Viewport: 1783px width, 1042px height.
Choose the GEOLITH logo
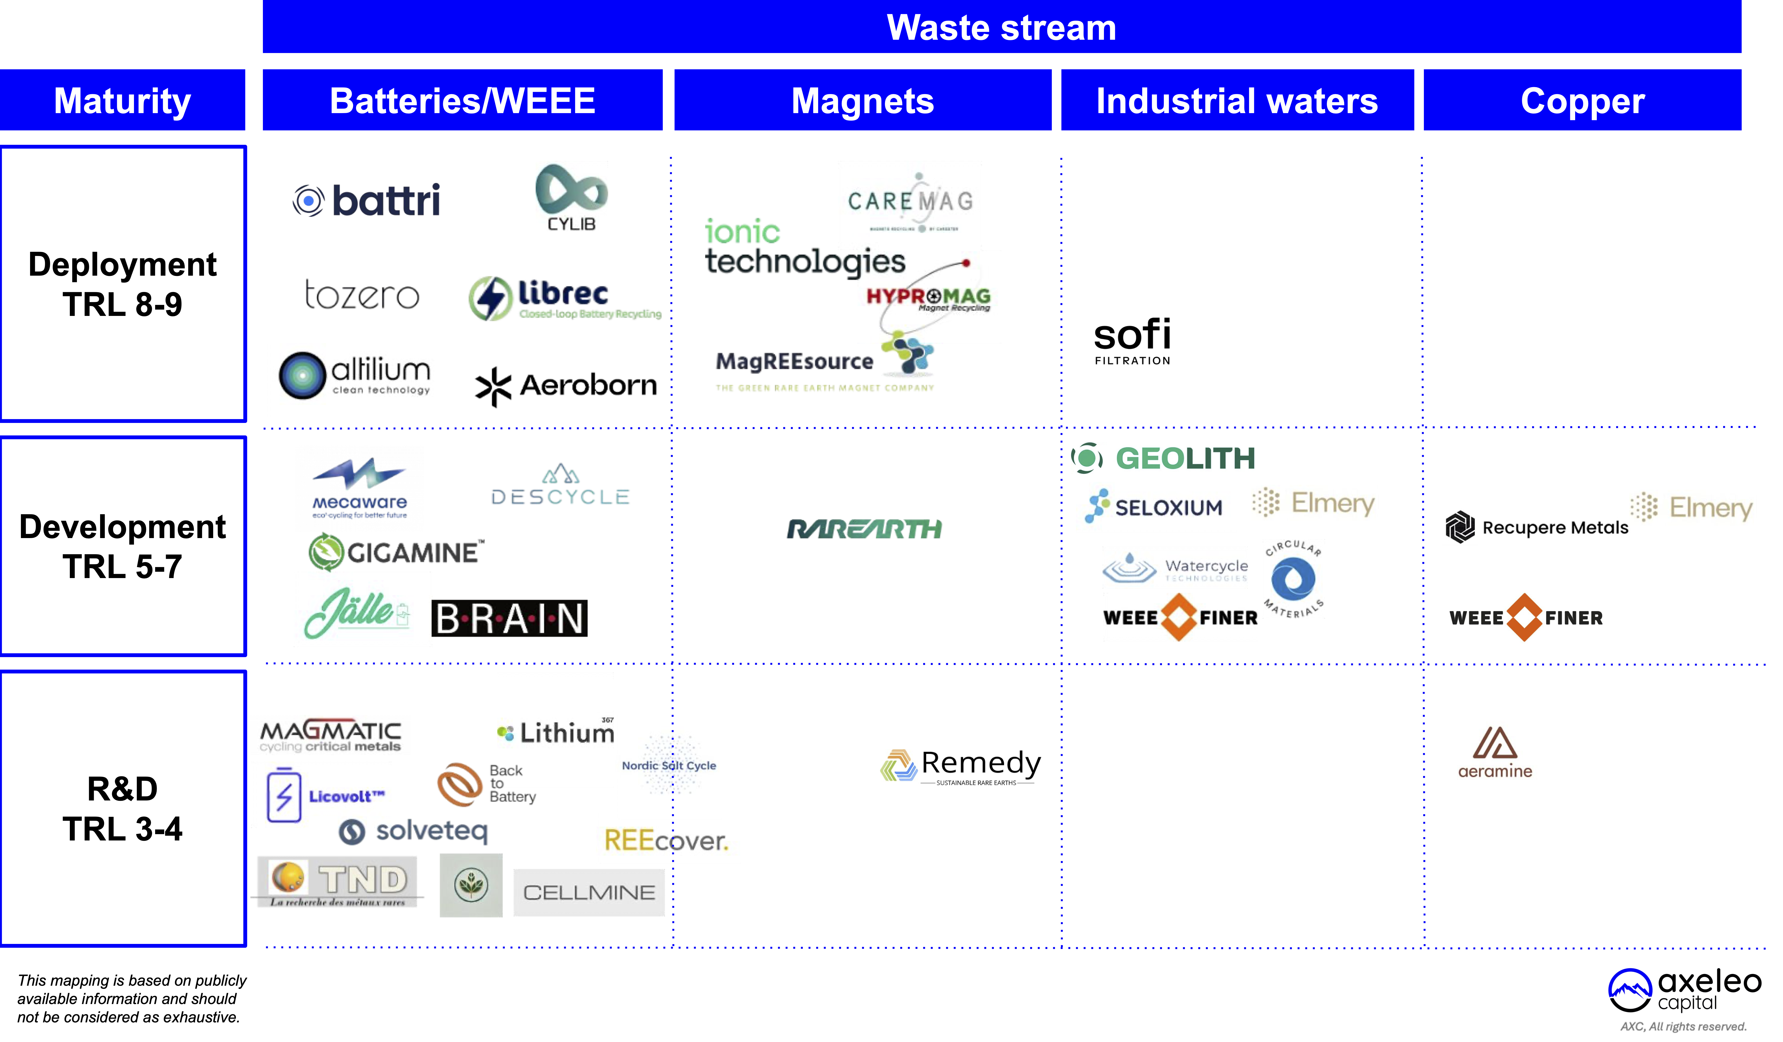coord(1164,458)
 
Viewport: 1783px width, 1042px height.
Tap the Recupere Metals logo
coord(1537,527)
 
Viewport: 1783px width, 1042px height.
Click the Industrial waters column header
coord(1237,101)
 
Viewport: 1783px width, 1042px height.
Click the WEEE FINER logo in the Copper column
coord(1525,617)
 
